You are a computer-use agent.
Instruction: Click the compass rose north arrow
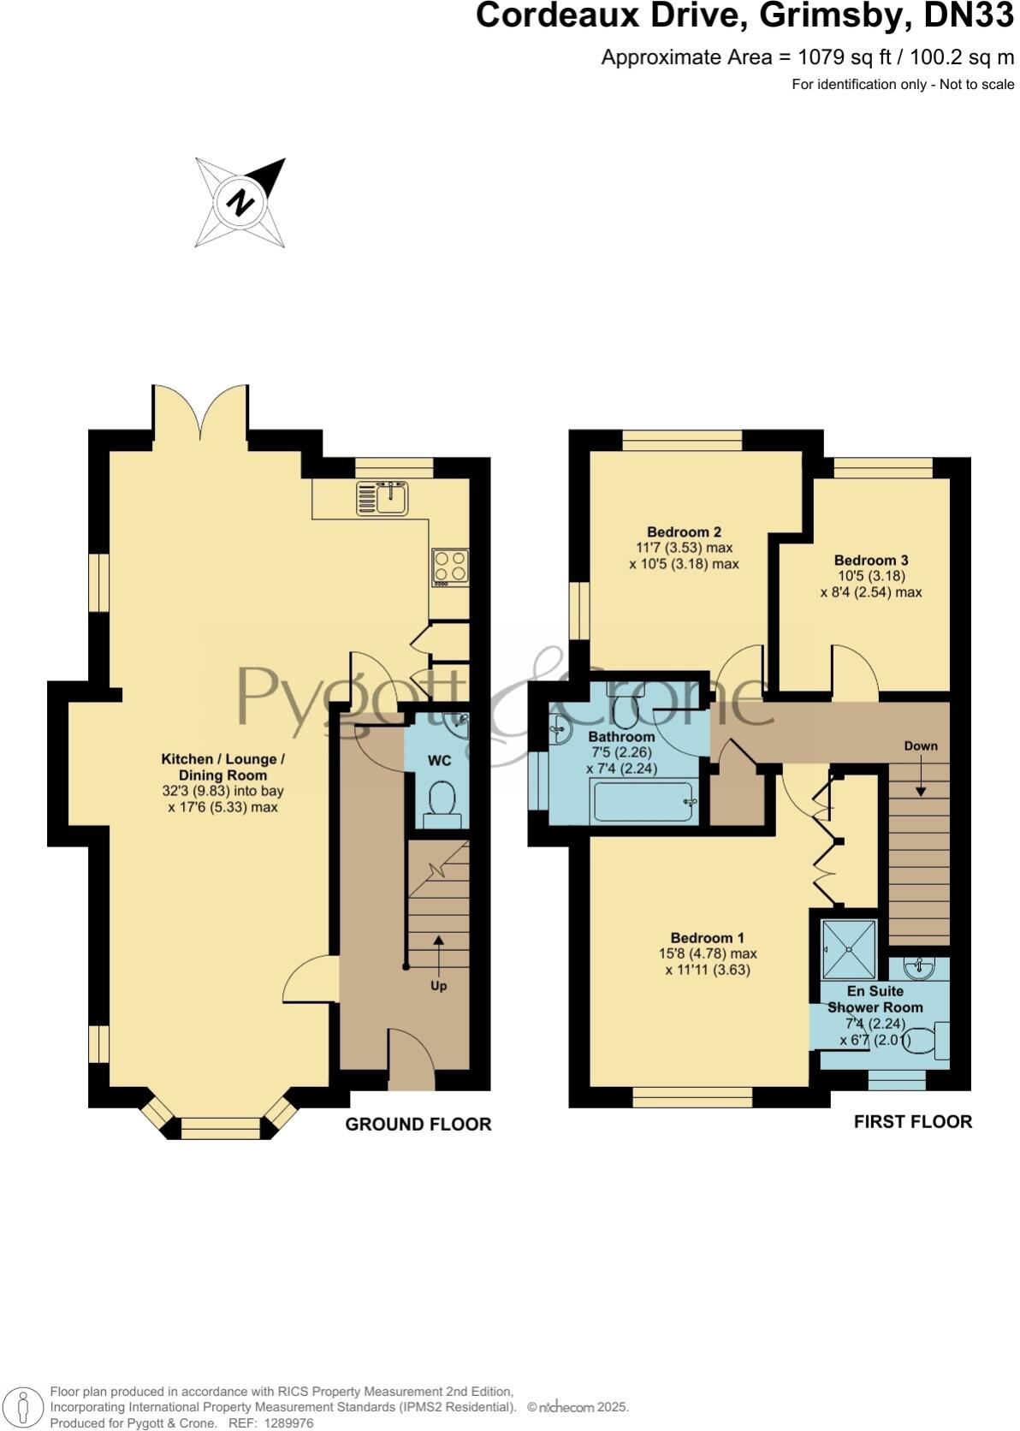pos(240,203)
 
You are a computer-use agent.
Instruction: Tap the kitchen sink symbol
pos(383,497)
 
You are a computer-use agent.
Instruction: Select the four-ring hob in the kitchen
pos(450,567)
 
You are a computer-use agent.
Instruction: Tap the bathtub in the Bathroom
pos(644,802)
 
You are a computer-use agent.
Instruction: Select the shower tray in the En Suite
pos(849,948)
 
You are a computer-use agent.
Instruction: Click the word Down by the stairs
pos(921,745)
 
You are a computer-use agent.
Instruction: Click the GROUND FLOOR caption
pos(418,1125)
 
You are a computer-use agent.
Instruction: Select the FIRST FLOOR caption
pos(912,1121)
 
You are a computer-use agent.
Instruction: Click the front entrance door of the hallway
pos(411,1061)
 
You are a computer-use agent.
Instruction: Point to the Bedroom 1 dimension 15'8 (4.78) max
pos(707,953)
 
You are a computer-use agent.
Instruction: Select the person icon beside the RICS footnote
pos(24,1407)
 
